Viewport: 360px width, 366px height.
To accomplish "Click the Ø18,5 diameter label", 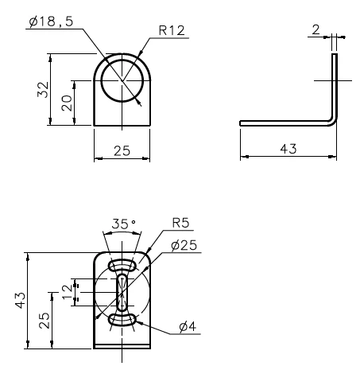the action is click(51, 21).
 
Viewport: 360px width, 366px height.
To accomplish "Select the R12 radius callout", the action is click(172, 30).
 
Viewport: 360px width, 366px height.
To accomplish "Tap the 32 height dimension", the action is click(43, 90).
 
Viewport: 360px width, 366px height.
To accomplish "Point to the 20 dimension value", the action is click(67, 103).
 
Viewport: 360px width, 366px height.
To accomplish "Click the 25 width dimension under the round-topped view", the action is click(122, 150).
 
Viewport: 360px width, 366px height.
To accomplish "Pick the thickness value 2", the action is click(315, 29).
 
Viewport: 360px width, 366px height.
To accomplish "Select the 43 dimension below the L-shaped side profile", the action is click(288, 149).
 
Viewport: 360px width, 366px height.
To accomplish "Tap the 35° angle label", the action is click(124, 224).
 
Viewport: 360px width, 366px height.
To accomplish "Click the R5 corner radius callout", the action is click(180, 223).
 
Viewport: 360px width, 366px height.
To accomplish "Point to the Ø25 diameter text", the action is click(184, 245).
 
